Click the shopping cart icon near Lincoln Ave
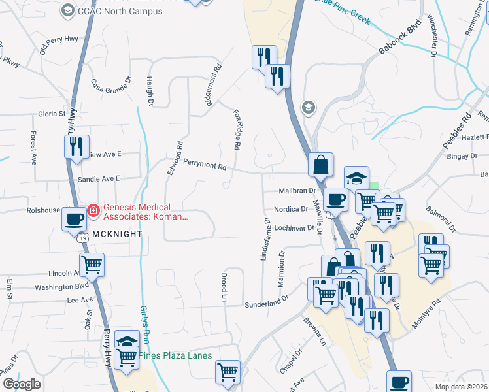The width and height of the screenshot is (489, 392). pyautogui.click(x=92, y=265)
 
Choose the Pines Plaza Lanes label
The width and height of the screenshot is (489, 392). pyautogui.click(x=175, y=355)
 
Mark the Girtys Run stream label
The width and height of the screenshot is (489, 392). pyautogui.click(x=145, y=325)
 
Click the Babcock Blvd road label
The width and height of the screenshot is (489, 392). pyautogui.click(x=399, y=40)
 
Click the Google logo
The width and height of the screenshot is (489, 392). pyautogui.click(x=22, y=384)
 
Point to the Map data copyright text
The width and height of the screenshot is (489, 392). pyautogui.click(x=460, y=387)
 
